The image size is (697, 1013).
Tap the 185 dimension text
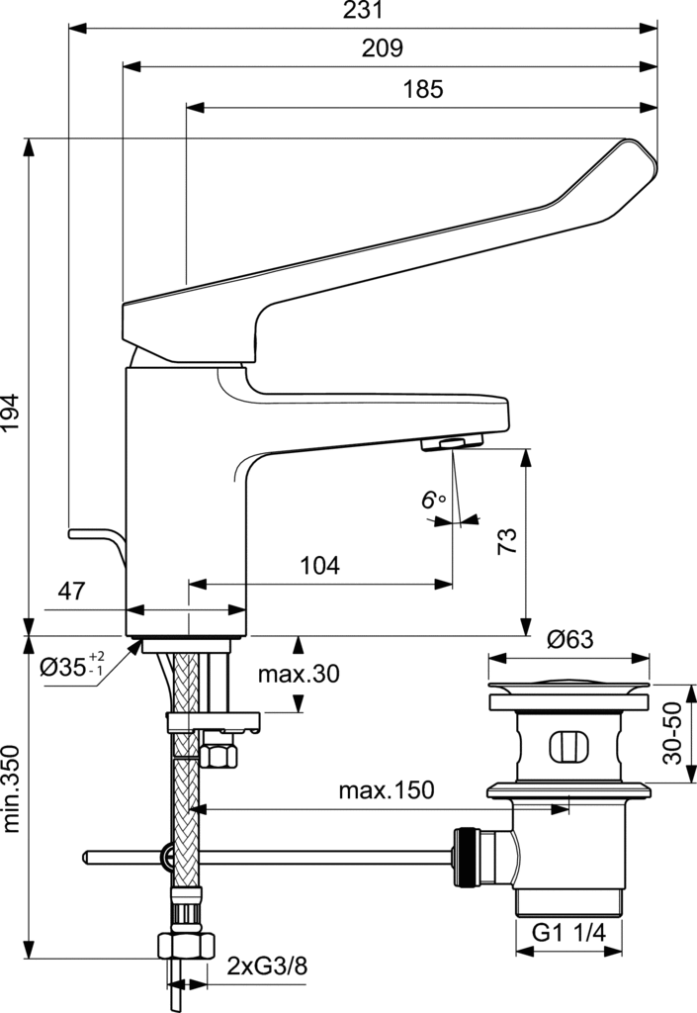tap(423, 89)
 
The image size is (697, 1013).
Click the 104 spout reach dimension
tap(319, 566)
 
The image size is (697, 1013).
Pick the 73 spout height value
tap(506, 540)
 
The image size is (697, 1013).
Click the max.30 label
tap(298, 675)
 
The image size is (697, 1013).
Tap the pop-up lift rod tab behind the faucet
tap(94, 535)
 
